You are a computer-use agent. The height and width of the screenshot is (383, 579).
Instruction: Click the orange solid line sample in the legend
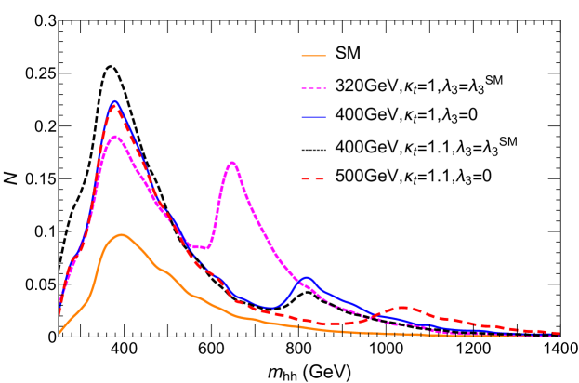[x=313, y=56]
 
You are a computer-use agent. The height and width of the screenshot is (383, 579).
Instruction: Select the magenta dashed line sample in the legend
[x=313, y=88]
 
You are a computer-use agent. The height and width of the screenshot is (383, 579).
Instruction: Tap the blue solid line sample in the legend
[x=313, y=117]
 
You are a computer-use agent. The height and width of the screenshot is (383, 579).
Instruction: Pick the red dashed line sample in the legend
[x=313, y=178]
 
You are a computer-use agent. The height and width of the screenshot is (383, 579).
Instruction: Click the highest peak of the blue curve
[x=115, y=101]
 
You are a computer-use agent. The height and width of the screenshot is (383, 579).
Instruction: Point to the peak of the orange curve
[x=121, y=234]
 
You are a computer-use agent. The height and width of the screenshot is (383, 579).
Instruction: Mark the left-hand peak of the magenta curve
[x=115, y=137]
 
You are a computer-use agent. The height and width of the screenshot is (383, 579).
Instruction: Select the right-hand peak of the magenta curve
[x=231, y=163]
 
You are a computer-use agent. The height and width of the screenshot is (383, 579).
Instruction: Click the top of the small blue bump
[x=306, y=278]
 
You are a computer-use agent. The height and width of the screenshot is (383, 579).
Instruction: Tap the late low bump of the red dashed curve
[x=402, y=307]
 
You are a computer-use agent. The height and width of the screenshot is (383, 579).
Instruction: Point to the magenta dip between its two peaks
[x=205, y=248]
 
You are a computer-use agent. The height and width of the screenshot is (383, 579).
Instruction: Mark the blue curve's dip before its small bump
[x=268, y=307]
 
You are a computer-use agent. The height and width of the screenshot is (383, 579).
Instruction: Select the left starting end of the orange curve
[x=59, y=333]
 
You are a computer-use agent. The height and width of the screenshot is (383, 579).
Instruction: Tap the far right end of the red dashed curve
[x=559, y=333]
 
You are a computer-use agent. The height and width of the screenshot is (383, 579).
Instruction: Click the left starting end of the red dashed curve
[x=59, y=314]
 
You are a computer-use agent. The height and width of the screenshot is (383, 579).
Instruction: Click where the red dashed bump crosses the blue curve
[x=374, y=313]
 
